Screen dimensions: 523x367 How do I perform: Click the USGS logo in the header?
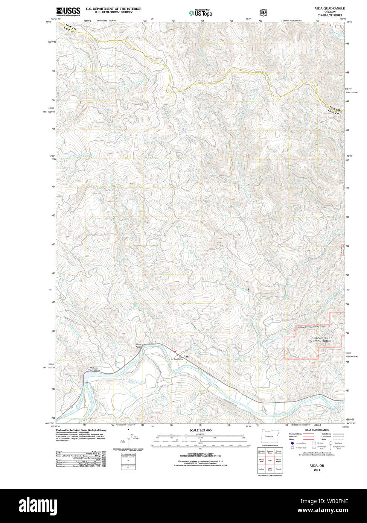68,12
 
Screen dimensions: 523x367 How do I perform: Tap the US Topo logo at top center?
201,13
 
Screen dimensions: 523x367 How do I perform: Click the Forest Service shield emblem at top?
263,12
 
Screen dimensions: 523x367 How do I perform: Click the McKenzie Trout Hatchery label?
94,369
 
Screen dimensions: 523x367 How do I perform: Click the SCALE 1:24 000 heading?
201,430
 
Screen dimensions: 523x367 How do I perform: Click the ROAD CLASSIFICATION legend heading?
317,430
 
